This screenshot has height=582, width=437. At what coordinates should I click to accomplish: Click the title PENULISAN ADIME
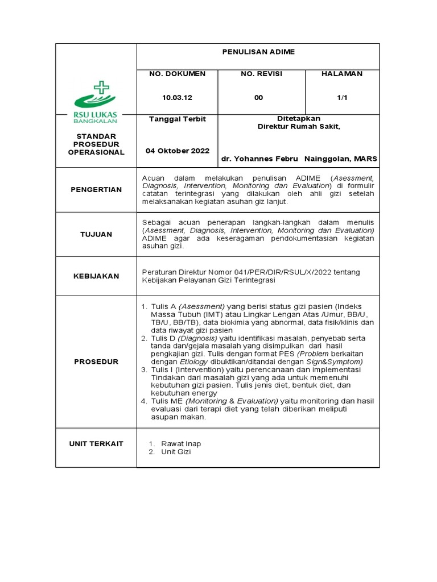tap(258, 52)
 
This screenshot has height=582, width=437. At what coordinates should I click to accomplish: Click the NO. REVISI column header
tap(261, 74)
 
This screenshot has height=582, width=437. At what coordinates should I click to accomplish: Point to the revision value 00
tap(259, 98)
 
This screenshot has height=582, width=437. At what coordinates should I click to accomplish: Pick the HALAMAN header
tap(342, 74)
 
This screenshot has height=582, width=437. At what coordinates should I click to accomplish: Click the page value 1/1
tap(342, 98)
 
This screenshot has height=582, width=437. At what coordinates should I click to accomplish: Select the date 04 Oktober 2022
tap(178, 151)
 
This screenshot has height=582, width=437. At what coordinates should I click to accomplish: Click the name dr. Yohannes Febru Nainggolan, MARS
tap(299, 159)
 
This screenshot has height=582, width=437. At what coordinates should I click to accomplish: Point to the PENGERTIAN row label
tap(96, 189)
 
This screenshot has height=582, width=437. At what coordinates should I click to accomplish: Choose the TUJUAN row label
tap(96, 234)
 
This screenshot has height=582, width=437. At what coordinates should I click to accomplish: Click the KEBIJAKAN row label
tap(96, 276)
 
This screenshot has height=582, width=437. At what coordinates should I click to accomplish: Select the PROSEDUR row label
tap(96, 361)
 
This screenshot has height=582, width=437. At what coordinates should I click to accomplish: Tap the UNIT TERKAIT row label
tap(96, 443)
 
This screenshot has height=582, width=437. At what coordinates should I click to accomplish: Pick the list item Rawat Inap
tap(181, 443)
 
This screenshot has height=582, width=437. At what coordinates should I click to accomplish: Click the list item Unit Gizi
tap(176, 452)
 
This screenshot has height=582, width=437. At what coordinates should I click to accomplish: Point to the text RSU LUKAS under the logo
tap(96, 115)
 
